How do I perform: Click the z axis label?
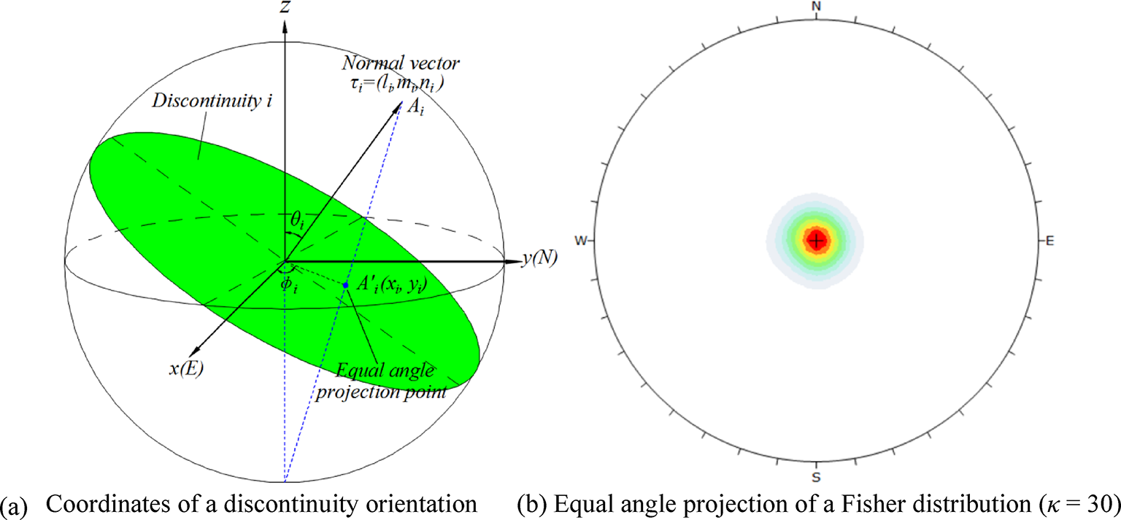click(x=285, y=8)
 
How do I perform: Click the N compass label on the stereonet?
click(x=817, y=7)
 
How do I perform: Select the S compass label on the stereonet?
click(x=817, y=477)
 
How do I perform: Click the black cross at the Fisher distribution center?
click(x=817, y=240)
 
